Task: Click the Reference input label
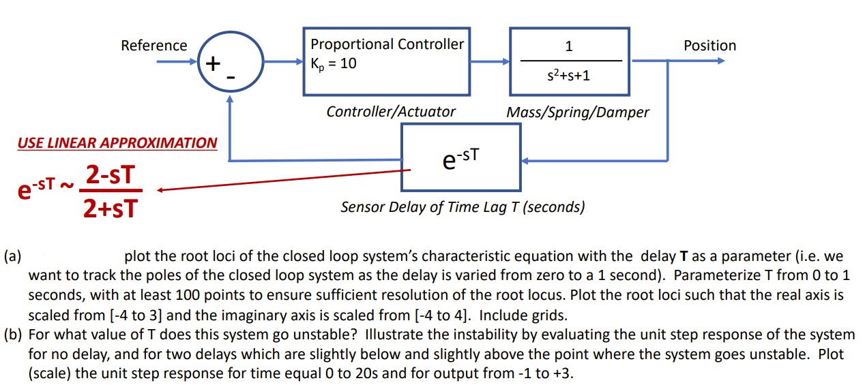pos(153,46)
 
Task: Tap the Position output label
pos(709,46)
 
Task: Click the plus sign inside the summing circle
pos(214,64)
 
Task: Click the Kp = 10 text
pos(334,64)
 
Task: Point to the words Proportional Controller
pos(387,44)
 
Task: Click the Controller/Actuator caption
pos(390,112)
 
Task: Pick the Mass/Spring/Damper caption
pos(577,112)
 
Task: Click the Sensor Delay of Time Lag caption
pos(462,207)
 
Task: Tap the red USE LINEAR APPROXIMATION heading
pos(117,143)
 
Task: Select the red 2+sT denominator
pos(109,207)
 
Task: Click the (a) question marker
pos(12,257)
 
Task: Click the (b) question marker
pos(12,335)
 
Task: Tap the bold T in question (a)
pos(684,257)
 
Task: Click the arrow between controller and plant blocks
pos(489,61)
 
